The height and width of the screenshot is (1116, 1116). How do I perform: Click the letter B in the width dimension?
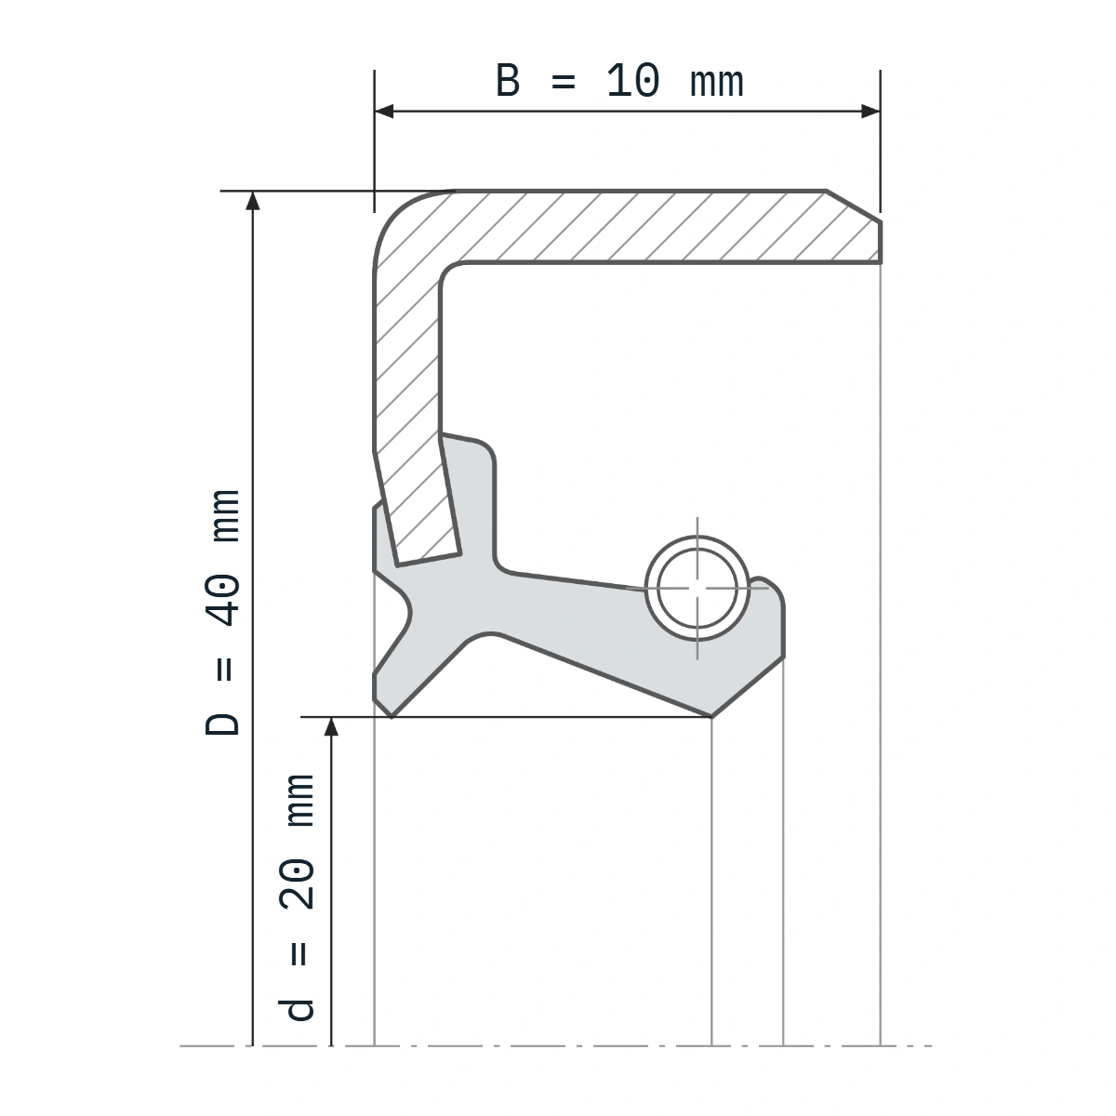[x=508, y=81]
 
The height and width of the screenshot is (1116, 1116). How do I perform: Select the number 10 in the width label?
[x=633, y=81]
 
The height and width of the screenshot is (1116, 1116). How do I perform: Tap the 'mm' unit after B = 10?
[x=716, y=83]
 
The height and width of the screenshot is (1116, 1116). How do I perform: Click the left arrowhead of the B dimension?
[x=384, y=112]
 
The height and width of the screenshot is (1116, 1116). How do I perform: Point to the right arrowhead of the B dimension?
[x=870, y=112]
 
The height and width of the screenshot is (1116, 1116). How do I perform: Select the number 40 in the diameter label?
[x=222, y=600]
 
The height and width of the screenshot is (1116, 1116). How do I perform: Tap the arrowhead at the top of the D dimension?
[x=253, y=200]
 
